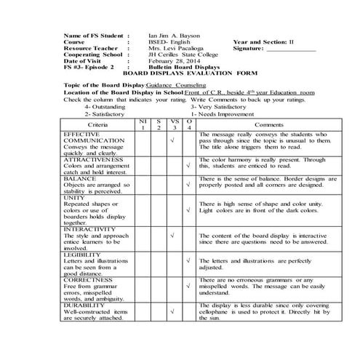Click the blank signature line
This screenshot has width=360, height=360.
[291, 51]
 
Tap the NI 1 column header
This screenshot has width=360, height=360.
[143, 125]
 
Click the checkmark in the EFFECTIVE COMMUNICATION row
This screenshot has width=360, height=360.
[172, 141]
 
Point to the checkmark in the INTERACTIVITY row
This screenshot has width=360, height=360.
[172, 236]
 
